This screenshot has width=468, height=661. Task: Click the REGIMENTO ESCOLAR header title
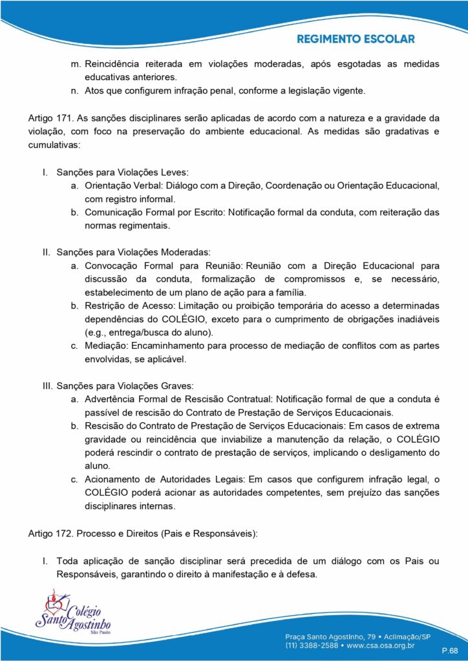356,39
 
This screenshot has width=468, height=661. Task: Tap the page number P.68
449,649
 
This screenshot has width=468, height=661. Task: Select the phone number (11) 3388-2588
313,644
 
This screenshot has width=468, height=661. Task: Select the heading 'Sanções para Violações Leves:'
122,174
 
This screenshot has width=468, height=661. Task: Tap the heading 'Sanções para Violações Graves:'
125,386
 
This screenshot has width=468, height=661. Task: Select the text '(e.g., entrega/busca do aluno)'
149,332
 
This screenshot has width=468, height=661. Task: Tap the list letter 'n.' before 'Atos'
75,91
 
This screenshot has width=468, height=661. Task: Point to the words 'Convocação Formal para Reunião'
162,265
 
